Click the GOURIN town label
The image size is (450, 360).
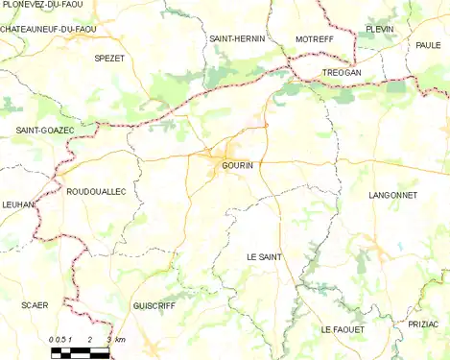pyautogui.click(x=237, y=165)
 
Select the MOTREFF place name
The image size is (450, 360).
pyautogui.click(x=314, y=38)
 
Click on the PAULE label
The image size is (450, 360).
pyautogui.click(x=429, y=45)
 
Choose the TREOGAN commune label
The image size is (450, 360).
pyautogui.click(x=342, y=72)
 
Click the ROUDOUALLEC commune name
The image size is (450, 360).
pyautogui.click(x=96, y=192)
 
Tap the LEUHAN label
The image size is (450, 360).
pyautogui.click(x=19, y=204)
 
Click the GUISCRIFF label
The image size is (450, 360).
pyautogui.click(x=154, y=304)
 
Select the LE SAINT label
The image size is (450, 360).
pyautogui.click(x=264, y=257)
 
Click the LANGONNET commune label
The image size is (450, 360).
pyautogui.click(x=392, y=195)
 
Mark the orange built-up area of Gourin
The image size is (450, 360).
pyautogui.click(x=227, y=153)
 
